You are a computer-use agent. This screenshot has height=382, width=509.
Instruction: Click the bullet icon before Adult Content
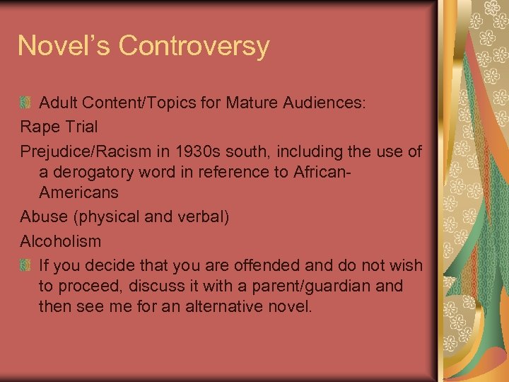coord(25,103)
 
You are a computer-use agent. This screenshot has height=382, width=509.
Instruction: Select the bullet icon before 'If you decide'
coord(25,266)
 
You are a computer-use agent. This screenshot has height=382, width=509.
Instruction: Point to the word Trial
coord(80,127)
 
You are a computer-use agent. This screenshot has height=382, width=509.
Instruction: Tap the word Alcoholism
coord(61,241)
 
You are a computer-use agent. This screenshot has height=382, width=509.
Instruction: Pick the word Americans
coord(79,192)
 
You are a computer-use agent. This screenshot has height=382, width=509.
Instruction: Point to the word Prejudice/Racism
coord(89,151)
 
